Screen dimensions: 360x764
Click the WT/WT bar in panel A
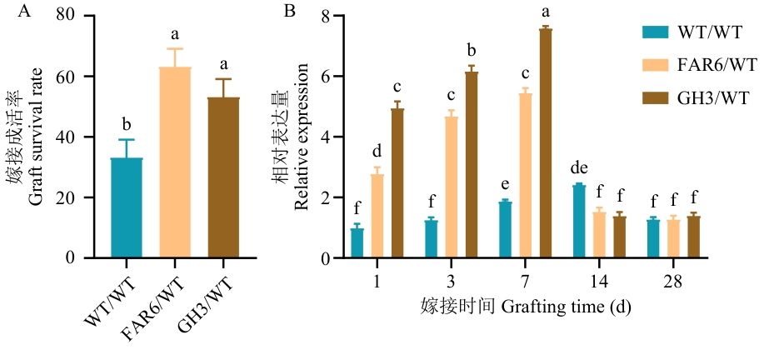tap(127, 208)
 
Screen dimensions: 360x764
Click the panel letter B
tap(290, 12)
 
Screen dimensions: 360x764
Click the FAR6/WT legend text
tap(717, 65)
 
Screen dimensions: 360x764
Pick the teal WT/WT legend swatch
tap(656, 32)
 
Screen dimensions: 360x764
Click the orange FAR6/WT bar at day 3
tap(451, 187)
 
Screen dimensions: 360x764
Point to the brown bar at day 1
tap(397, 183)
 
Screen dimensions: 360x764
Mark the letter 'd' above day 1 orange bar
tap(377, 152)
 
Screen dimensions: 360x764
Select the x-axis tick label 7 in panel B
tap(526, 282)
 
